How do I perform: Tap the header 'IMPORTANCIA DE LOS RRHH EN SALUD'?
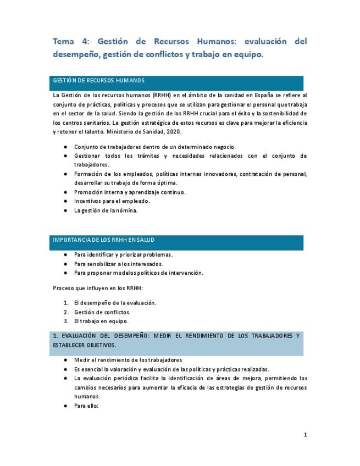tap(104, 240)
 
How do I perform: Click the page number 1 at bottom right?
tap(306, 435)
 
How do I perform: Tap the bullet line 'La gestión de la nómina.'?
tap(106, 210)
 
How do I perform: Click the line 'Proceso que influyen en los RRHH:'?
tap(97, 287)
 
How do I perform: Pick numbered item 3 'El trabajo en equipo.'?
tap(101, 321)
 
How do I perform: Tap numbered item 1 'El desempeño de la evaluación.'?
tap(115, 303)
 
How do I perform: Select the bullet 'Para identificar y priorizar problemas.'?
tap(123, 254)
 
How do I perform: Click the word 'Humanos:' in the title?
tap(219, 41)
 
